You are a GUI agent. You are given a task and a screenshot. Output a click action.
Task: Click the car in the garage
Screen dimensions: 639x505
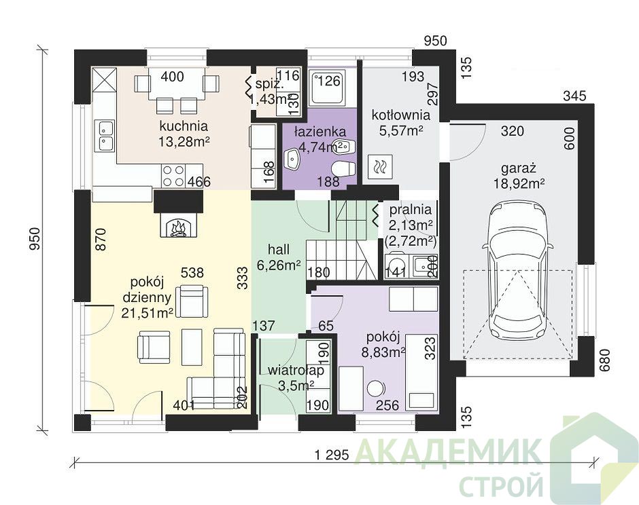pyautogui.click(x=517, y=274)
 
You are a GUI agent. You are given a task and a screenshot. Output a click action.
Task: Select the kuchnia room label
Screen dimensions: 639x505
pyautogui.click(x=184, y=126)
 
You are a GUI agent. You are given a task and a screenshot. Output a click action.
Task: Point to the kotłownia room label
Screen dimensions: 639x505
pyautogui.click(x=400, y=115)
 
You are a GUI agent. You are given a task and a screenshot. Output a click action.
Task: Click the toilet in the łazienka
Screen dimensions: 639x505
pyautogui.click(x=343, y=169)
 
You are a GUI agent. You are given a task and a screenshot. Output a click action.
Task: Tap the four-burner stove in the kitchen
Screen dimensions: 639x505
pyautogui.click(x=173, y=176)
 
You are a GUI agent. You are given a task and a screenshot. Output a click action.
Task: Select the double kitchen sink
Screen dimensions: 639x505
pyautogui.click(x=105, y=136)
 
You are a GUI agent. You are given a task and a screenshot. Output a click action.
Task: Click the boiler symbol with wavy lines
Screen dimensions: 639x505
pyautogui.click(x=380, y=166)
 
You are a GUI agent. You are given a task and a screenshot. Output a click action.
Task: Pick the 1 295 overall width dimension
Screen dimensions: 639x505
pyautogui.click(x=332, y=455)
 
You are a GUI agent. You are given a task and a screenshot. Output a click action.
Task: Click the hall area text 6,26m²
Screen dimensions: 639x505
pyautogui.click(x=279, y=265)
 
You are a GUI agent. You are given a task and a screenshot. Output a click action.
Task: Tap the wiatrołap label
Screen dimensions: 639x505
pyautogui.click(x=296, y=371)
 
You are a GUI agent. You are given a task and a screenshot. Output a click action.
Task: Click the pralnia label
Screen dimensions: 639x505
pyautogui.click(x=411, y=210)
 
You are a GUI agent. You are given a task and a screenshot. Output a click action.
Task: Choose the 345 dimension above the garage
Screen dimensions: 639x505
pyautogui.click(x=574, y=96)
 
